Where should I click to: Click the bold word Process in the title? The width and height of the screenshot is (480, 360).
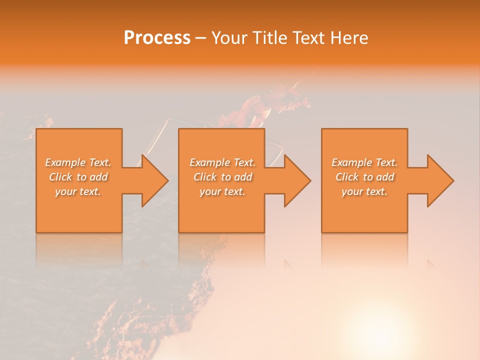(x=157, y=38)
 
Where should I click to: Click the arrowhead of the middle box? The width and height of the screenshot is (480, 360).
(x=296, y=180)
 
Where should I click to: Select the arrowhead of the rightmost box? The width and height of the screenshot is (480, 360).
(x=439, y=180)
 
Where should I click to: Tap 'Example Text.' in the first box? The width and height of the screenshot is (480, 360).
(x=78, y=162)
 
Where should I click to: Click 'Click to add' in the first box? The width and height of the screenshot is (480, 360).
(x=78, y=177)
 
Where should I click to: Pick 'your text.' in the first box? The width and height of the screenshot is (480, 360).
(x=78, y=191)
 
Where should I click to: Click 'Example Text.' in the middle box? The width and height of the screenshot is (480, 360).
(x=222, y=162)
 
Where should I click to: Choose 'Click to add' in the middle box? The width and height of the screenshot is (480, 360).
(x=222, y=177)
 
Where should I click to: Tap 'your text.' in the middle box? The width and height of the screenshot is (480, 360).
(x=222, y=191)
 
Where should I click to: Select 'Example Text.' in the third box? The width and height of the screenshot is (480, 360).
(x=364, y=162)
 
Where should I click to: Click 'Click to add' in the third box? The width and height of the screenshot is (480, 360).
(x=364, y=177)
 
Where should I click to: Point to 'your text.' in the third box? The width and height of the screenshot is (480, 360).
(x=364, y=191)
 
